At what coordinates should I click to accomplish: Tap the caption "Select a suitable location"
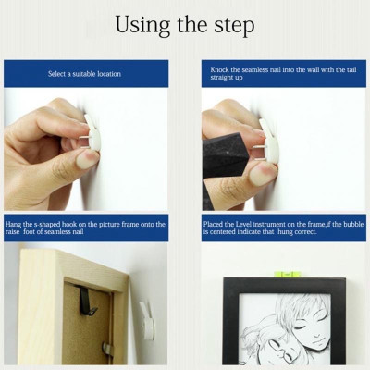84,73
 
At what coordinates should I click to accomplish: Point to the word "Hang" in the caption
13,224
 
